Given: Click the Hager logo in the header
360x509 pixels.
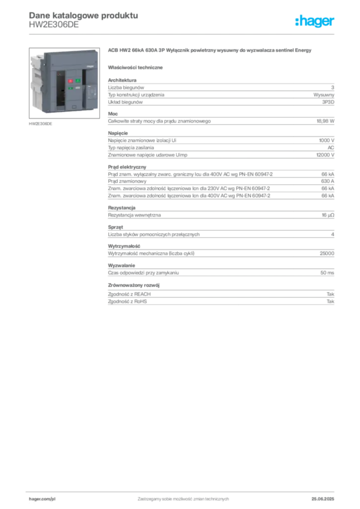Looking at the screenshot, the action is click(x=315, y=21).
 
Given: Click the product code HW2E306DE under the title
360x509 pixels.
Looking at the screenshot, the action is click(x=54, y=25).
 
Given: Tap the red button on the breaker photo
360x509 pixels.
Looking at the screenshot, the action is click(x=70, y=81).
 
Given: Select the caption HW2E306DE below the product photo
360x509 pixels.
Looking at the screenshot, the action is click(x=41, y=124).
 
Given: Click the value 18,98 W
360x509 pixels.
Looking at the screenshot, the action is click(x=325, y=121).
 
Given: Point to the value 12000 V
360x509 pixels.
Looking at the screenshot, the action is click(x=325, y=155).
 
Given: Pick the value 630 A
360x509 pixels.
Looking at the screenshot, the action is click(x=328, y=181).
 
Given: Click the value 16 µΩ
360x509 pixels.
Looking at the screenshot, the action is click(x=328, y=215).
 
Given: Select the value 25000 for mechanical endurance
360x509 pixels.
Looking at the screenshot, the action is click(x=327, y=253).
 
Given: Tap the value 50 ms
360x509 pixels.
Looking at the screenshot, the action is click(x=327, y=273).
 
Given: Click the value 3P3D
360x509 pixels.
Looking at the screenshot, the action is click(x=328, y=102).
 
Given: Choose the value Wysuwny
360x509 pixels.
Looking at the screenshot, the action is click(x=324, y=95).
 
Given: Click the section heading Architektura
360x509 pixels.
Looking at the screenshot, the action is click(x=122, y=80).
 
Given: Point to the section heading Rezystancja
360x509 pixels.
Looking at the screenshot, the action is click(x=122, y=208).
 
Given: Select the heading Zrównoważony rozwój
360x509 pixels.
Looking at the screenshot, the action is click(x=134, y=285).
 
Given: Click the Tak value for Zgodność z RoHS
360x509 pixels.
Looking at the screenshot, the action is click(x=331, y=301).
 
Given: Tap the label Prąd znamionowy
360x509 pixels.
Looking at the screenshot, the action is click(x=127, y=181).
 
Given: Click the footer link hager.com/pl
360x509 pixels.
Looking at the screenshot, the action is click(x=42, y=499).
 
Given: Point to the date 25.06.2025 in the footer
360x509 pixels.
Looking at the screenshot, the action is click(x=323, y=499).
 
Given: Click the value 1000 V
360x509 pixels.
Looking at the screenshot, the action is click(x=327, y=140).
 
